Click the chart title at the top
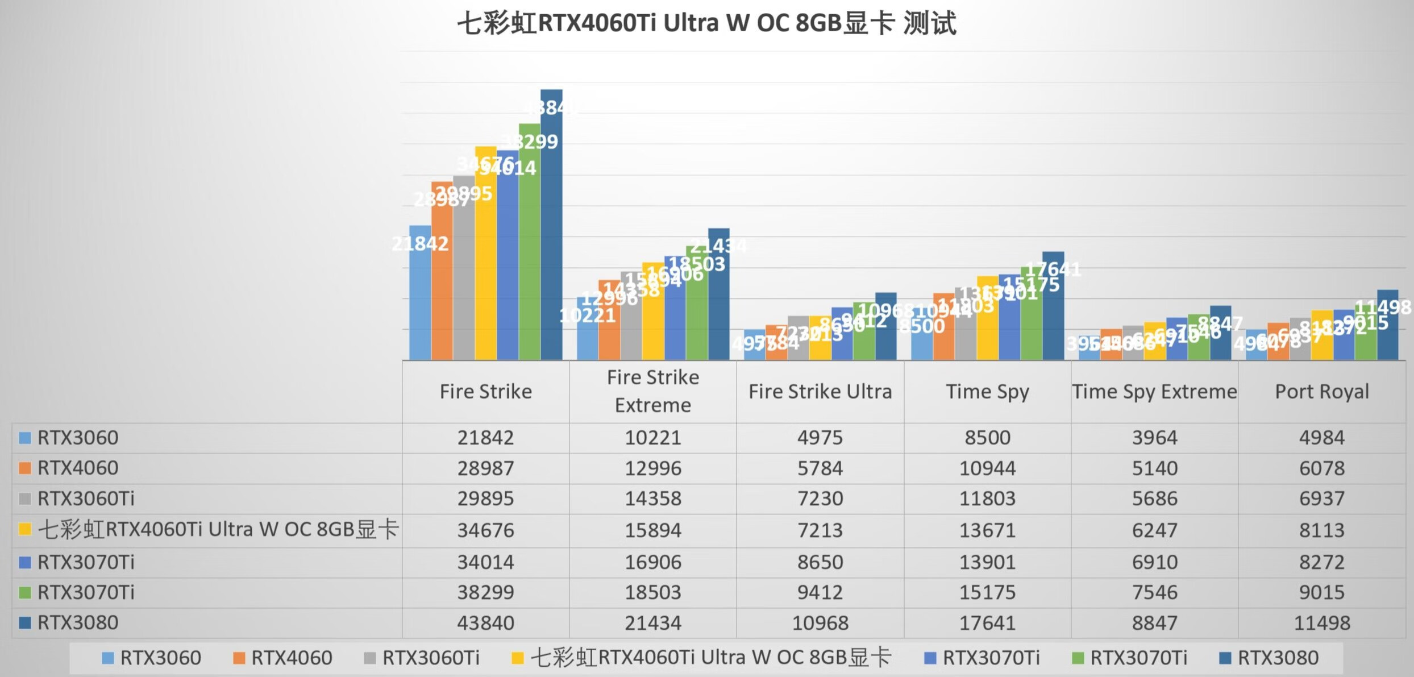[706, 24]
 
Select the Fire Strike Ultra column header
[820, 392]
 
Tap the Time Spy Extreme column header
[1154, 392]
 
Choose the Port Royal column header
[1322, 392]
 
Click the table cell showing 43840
[486, 623]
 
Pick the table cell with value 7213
[820, 530]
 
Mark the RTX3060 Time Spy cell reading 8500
[987, 438]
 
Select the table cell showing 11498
[1322, 623]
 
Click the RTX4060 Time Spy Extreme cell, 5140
[1154, 468]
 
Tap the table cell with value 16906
[653, 562]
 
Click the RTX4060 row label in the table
[78, 468]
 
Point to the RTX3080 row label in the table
[78, 623]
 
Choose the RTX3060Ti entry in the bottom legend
[430, 658]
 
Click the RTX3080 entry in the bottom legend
[1278, 658]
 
